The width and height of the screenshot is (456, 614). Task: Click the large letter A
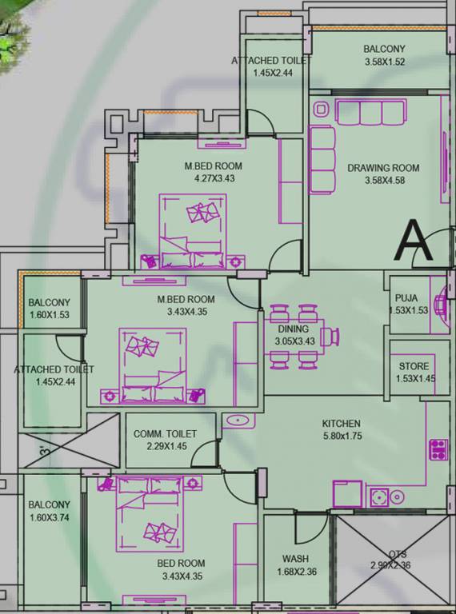point(415,241)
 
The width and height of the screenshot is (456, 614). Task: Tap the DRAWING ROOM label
point(383,168)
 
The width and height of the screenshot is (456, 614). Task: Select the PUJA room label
point(407,298)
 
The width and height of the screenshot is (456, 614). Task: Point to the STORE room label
point(414,366)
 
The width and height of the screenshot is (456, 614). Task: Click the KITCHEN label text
point(342,423)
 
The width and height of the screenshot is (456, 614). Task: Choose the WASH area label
point(296,559)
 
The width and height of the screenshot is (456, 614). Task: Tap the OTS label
point(398,554)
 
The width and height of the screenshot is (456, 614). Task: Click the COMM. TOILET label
point(165,433)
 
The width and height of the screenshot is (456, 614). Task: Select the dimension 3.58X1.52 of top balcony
point(384,62)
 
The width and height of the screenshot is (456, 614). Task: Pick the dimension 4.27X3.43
point(213,178)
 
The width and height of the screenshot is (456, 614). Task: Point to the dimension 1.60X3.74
point(49,517)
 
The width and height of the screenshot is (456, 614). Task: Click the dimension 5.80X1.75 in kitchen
point(342,436)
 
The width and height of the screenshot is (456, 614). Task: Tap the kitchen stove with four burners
point(438,449)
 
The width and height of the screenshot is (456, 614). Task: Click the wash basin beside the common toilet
point(237,420)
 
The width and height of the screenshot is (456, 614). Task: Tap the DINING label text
point(293,329)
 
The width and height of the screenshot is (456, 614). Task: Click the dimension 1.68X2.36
point(296,571)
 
